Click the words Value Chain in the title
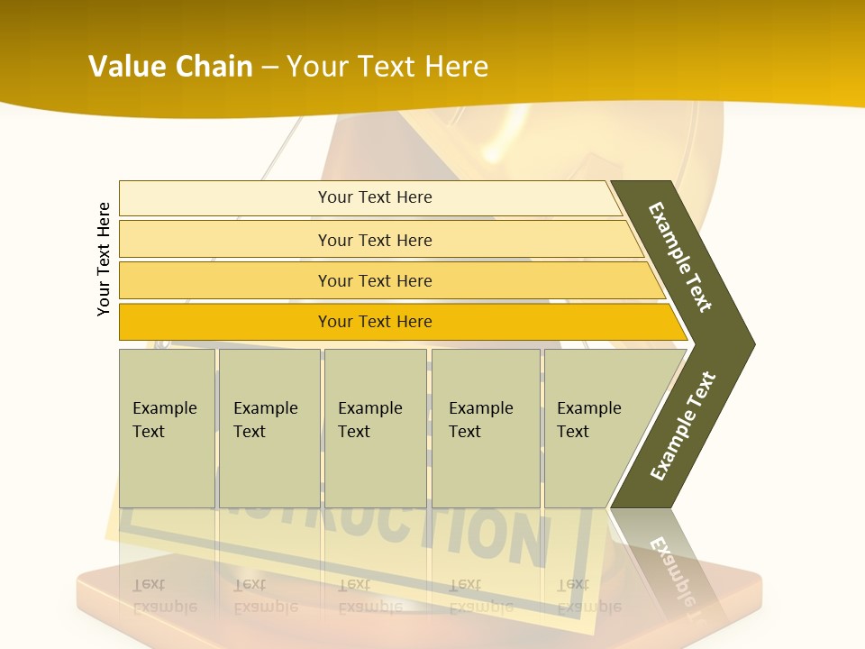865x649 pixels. [170, 67]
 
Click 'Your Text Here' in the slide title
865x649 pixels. [387, 67]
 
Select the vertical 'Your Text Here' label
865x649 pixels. [104, 259]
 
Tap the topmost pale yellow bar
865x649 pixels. [374, 197]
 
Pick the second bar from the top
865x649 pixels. [374, 240]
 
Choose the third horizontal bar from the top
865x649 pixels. [374, 280]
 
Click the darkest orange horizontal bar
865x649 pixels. [374, 322]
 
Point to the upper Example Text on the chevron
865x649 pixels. [680, 257]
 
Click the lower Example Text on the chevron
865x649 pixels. [683, 425]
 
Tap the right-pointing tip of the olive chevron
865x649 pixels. [748, 343]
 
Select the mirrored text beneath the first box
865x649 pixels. [164, 595]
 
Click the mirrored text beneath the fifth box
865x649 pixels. [588, 595]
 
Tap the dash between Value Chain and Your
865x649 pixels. [269, 68]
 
